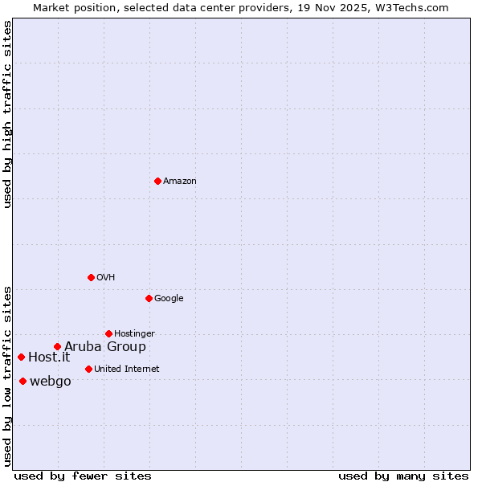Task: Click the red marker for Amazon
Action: [x=157, y=181]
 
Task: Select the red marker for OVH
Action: [x=91, y=277]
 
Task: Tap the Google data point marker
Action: [x=149, y=298]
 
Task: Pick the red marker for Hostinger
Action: [x=108, y=333]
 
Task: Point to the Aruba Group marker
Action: [x=57, y=347]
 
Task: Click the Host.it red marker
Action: [x=21, y=357]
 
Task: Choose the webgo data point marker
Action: [x=22, y=381]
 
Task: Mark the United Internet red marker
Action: [x=88, y=369]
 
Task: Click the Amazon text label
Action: [x=180, y=182]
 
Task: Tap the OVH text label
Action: [x=106, y=278]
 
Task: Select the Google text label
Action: [x=169, y=299]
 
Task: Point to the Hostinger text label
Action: [x=134, y=334]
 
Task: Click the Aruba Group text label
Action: [x=105, y=347]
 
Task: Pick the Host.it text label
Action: [x=49, y=357]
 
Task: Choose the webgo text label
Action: [x=51, y=382]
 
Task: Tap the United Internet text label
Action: [x=127, y=370]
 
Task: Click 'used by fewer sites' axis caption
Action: [x=83, y=476]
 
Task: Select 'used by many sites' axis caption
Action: [x=403, y=476]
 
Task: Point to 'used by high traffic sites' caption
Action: [x=7, y=114]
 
